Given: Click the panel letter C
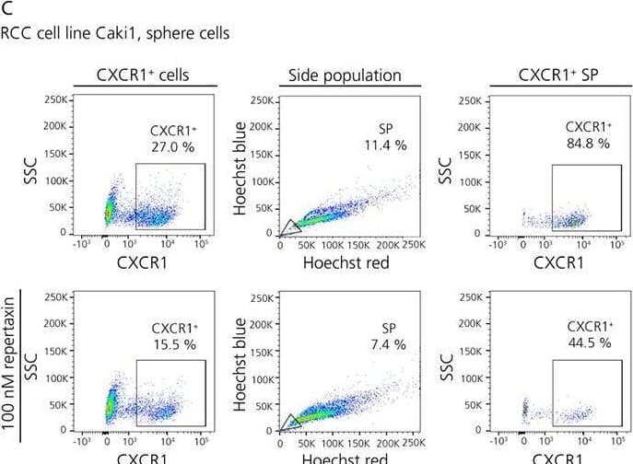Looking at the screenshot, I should coord(6,9).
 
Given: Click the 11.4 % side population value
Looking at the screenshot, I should coord(385,145).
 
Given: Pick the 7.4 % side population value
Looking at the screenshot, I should coord(388,343).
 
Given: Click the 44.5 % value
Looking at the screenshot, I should coord(590,342).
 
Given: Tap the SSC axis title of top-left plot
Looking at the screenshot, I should coord(32,168).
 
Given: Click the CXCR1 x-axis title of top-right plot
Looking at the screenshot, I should coord(557,262).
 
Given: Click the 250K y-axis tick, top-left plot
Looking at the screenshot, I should coord(56,99).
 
